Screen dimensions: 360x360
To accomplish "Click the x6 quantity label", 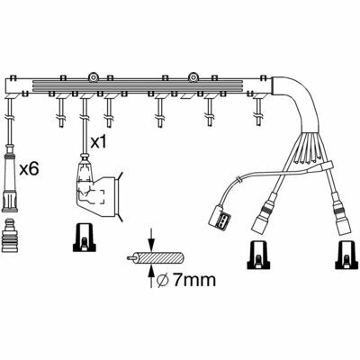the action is point(29,169).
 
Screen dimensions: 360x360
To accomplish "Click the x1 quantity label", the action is point(98,142).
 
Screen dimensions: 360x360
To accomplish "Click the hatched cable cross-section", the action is point(160,258).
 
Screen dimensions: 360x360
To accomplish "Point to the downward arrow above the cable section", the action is point(151,239).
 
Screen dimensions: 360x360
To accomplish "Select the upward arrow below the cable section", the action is point(151,276).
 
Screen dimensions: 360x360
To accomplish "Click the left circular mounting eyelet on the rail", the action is point(94,77).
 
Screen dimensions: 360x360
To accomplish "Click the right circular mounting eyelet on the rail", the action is point(193,77).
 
